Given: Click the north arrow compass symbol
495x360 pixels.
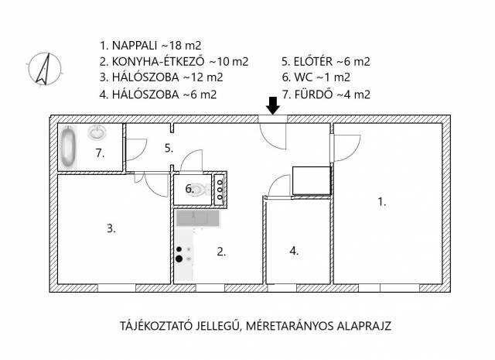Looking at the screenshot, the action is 45,69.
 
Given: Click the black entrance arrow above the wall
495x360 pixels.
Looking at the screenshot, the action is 273,105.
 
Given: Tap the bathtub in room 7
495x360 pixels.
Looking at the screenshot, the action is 68,146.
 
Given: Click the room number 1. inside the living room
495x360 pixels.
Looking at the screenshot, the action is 382,201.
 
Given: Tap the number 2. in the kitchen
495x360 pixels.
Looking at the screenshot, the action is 221,252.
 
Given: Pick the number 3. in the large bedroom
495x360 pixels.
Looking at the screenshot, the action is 111,228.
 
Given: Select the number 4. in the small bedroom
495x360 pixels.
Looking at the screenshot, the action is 294,251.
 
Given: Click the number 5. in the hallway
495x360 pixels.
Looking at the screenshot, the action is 169,148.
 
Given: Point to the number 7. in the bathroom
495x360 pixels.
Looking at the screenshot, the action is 100,153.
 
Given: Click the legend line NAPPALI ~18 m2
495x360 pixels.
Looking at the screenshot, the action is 150,46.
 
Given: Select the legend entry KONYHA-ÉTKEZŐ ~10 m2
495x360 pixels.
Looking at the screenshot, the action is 174,61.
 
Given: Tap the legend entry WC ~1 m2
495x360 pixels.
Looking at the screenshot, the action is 316,77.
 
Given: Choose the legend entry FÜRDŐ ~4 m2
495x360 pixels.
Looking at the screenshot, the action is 326,94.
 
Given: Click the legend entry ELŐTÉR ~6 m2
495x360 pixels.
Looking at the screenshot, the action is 326,61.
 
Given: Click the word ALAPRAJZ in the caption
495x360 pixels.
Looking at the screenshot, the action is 364,326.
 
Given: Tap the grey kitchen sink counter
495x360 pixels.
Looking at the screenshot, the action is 198,218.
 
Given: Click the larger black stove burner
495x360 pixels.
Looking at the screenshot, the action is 179,259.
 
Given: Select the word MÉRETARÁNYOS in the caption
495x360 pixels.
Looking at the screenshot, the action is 289,326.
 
